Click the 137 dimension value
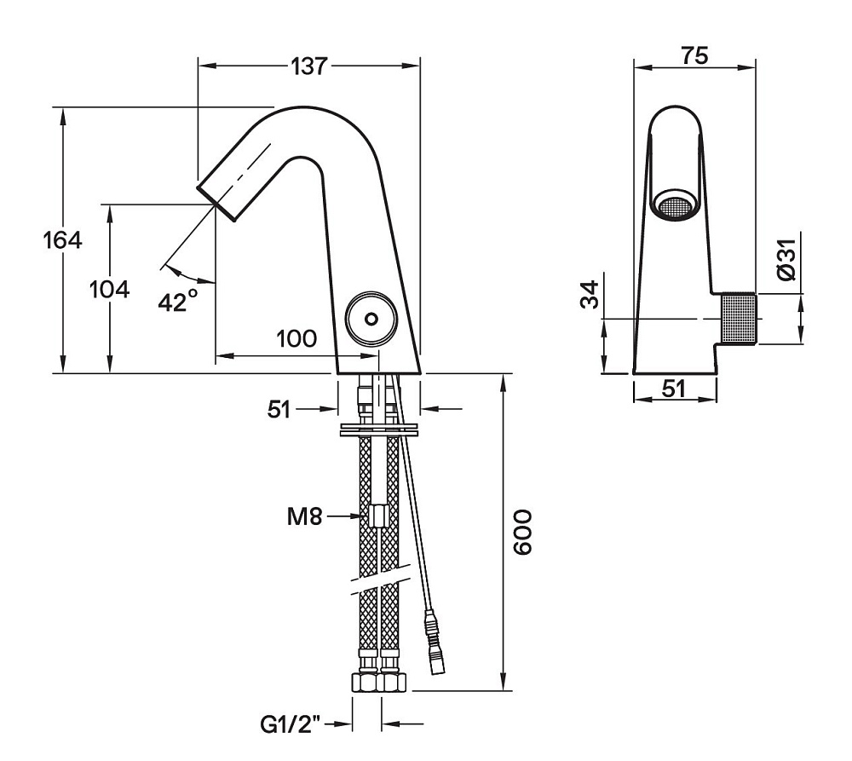pyautogui.click(x=310, y=66)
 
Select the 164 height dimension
pyautogui.click(x=63, y=239)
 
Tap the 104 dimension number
pyautogui.click(x=109, y=290)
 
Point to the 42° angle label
pyautogui.click(x=178, y=301)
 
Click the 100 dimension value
pyautogui.click(x=296, y=339)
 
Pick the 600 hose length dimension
pyautogui.click(x=523, y=532)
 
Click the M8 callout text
pyautogui.click(x=304, y=517)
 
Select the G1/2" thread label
pyautogui.click(x=291, y=724)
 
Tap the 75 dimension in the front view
pyautogui.click(x=695, y=56)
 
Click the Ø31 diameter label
pyautogui.click(x=786, y=259)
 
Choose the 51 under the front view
pyautogui.click(x=674, y=389)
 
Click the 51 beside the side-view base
pyautogui.click(x=279, y=410)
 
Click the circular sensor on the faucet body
pyautogui.click(x=371, y=319)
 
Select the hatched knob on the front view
pyautogui.click(x=739, y=319)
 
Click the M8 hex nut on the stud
pyautogui.click(x=377, y=516)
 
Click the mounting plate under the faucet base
pyautogui.click(x=379, y=429)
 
